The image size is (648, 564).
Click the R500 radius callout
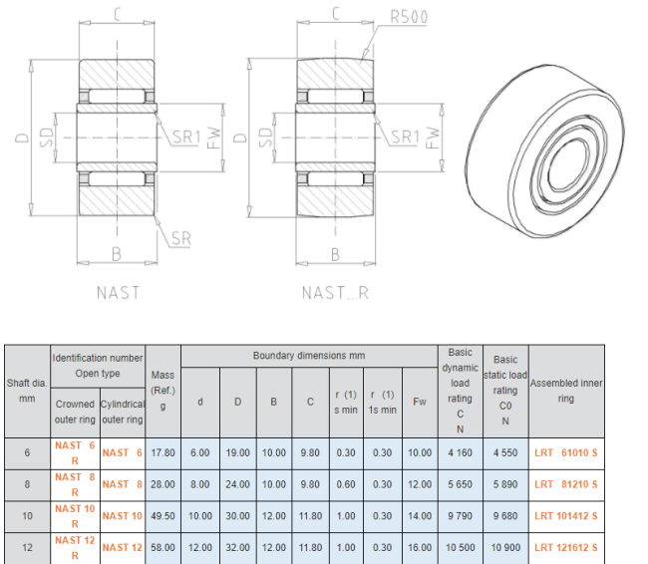pyautogui.click(x=409, y=17)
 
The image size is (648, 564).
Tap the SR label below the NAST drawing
pyautogui.click(x=181, y=238)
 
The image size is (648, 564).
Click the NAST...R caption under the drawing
pyautogui.click(x=335, y=293)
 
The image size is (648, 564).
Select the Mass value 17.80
pyautogui.click(x=162, y=452)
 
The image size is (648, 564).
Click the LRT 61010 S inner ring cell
pyautogui.click(x=566, y=452)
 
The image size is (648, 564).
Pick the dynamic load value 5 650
pyautogui.click(x=460, y=484)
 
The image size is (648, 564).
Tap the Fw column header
pyautogui.click(x=420, y=402)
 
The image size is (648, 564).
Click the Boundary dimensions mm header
pyautogui.click(x=309, y=356)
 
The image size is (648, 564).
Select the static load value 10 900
pyautogui.click(x=505, y=547)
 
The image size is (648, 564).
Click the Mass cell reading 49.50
pyautogui.click(x=162, y=516)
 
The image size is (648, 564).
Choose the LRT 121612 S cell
pyautogui.click(x=566, y=547)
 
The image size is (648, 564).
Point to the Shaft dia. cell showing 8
pyautogui.click(x=27, y=484)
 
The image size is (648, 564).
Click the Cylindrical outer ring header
pyautogui.click(x=123, y=412)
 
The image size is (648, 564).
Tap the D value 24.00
pyautogui.click(x=237, y=484)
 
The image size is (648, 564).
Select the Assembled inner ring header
pyautogui.click(x=566, y=391)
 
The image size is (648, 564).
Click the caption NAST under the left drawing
pyautogui.click(x=119, y=293)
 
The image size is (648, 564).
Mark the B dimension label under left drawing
pyautogui.click(x=117, y=254)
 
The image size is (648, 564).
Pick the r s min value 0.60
pyautogui.click(x=346, y=484)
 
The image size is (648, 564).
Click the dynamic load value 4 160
pyautogui.click(x=460, y=452)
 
